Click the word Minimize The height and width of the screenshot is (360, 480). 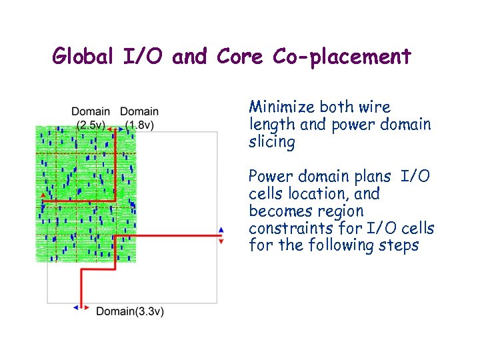[282, 107]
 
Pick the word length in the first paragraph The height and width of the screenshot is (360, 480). [269, 125]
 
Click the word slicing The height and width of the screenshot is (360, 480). [271, 141]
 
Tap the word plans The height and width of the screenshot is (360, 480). [374, 176]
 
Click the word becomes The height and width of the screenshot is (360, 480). [277, 211]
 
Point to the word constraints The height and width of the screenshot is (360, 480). [288, 228]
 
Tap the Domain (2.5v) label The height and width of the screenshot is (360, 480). [91, 118]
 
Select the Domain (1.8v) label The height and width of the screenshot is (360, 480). [139, 118]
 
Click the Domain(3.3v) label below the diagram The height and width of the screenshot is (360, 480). [130, 311]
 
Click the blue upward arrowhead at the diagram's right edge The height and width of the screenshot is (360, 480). [221, 230]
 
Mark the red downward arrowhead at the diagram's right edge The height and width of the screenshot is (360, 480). [221, 241]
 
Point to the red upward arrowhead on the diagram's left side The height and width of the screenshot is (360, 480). [43, 194]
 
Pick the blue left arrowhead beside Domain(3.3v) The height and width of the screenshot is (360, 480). [76, 307]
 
